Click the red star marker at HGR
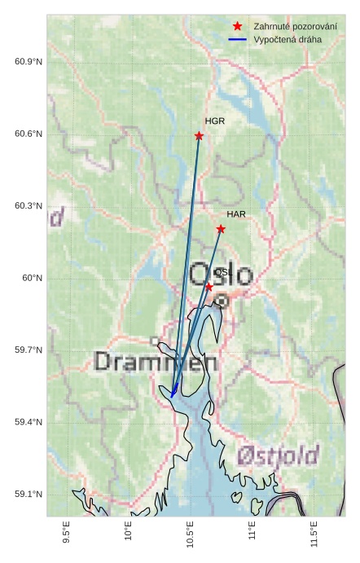[199, 135]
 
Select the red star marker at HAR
[221, 229]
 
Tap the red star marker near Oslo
[209, 287]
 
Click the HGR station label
[215, 121]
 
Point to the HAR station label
[236, 214]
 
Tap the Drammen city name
[156, 363]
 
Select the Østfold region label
[278, 456]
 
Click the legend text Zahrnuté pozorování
[295, 26]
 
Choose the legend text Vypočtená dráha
[288, 39]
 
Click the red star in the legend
[238, 26]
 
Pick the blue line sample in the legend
[238, 39]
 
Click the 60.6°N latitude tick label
[29, 134]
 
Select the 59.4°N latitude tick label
[29, 422]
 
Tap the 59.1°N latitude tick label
[29, 495]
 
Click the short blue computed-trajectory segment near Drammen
[174, 389]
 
